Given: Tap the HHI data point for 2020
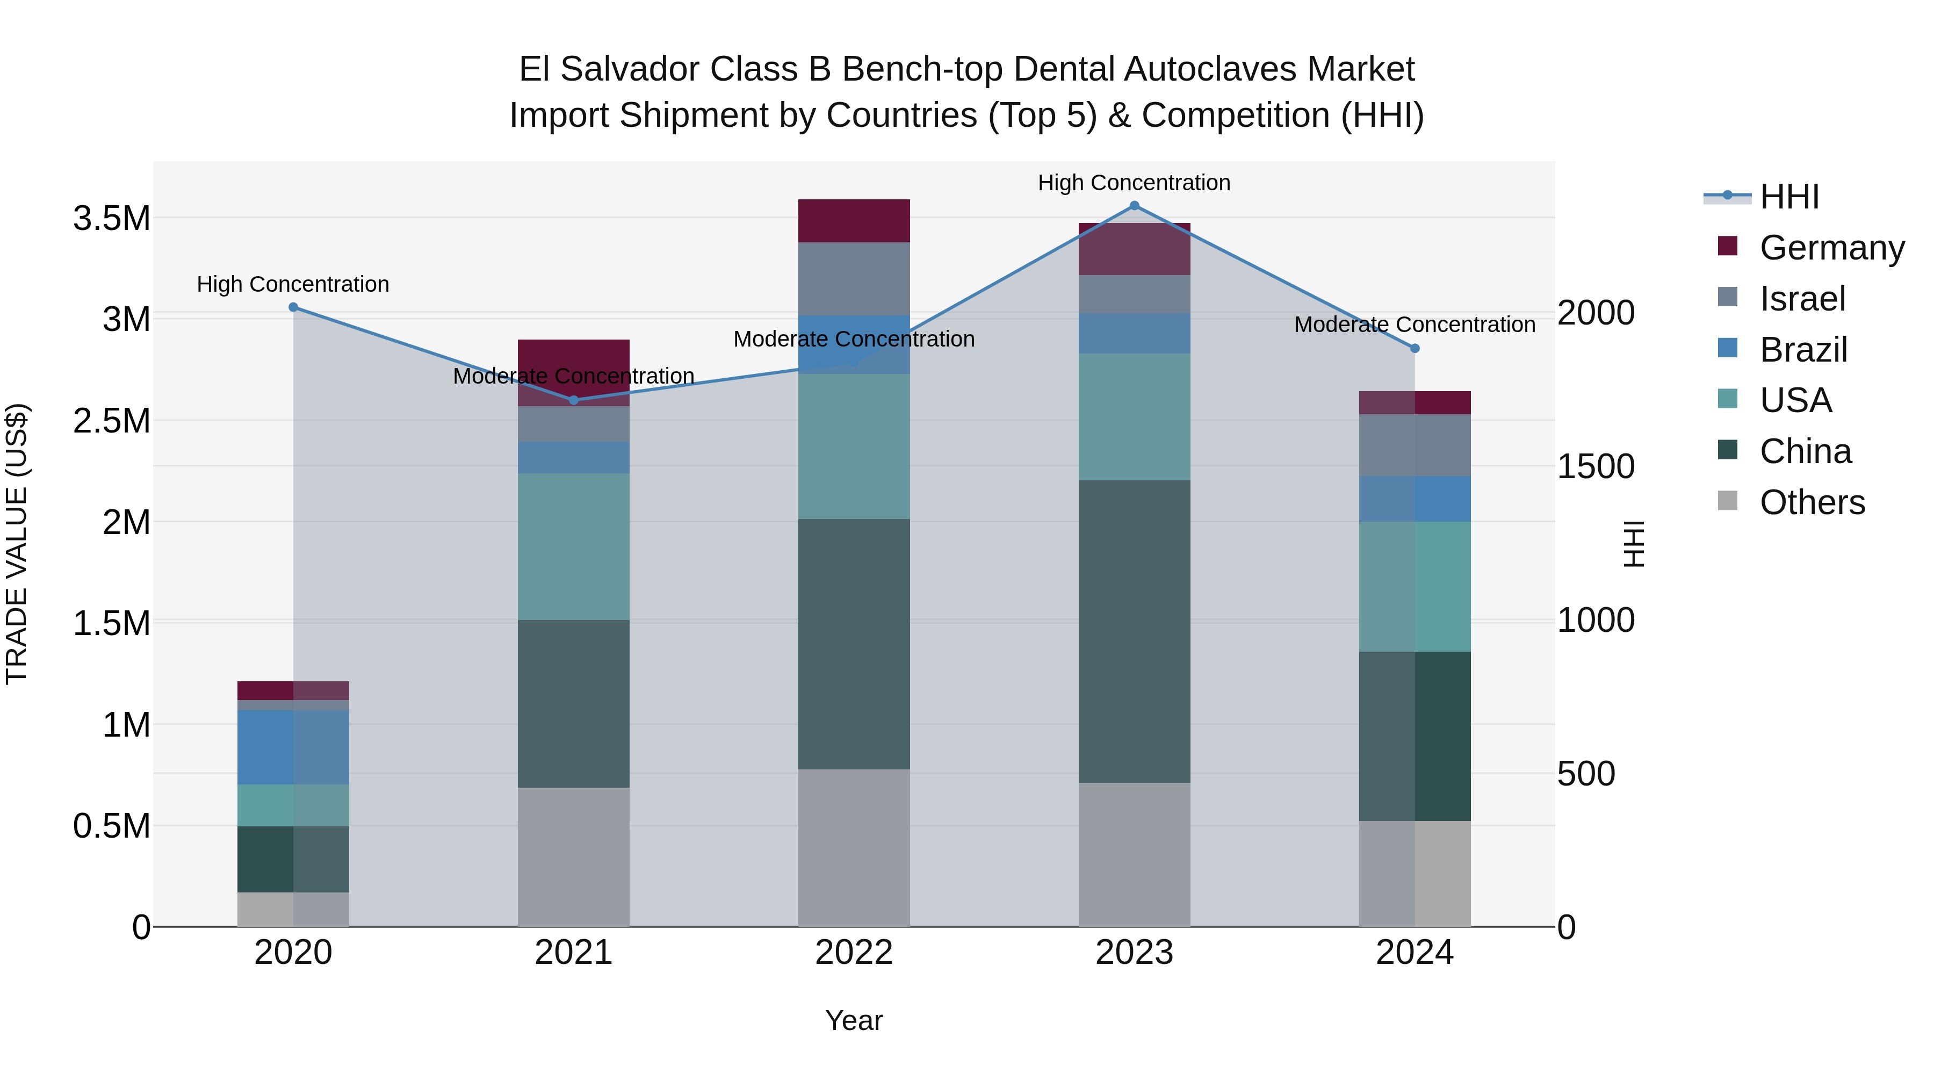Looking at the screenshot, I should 293,307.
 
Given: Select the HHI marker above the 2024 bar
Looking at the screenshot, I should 1415,348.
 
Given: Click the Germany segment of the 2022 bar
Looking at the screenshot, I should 854,221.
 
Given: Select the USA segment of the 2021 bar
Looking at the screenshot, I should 574,546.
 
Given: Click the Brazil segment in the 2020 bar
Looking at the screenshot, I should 293,747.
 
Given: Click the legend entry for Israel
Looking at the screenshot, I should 1802,299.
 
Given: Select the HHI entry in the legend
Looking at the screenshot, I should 1789,197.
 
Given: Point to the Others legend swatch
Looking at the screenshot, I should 1728,501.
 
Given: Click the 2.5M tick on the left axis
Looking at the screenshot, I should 111,421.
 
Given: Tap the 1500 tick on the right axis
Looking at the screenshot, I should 1596,466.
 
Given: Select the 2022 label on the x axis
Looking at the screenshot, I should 854,952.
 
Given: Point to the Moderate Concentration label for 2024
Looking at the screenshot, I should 1415,325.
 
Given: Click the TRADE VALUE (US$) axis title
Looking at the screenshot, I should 17,544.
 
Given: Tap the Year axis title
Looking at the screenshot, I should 854,1020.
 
